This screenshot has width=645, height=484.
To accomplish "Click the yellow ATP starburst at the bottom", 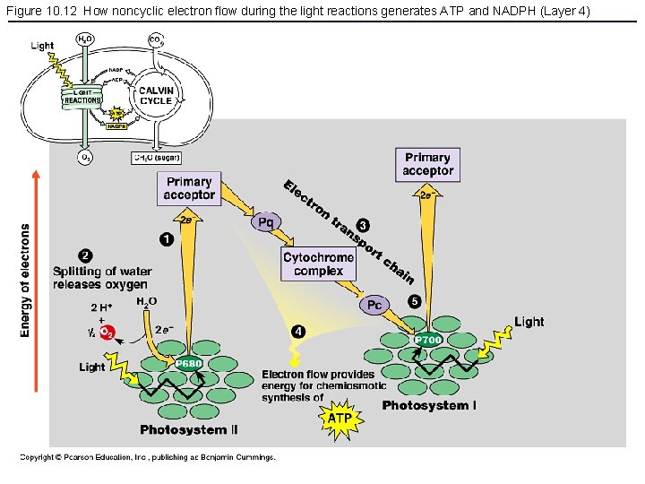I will point(340,418).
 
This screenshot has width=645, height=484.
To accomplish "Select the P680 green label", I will point(188,363).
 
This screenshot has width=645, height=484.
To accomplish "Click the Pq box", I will point(266,221).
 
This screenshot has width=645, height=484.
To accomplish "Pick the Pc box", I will point(374,305).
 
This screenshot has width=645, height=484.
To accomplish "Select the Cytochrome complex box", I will point(319,264).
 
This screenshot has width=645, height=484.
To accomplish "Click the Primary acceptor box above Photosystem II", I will point(189,188).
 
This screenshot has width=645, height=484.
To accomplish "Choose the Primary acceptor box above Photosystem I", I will point(427,164).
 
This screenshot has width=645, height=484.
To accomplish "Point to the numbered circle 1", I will point(167,238).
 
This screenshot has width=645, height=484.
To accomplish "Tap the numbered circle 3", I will point(362,223).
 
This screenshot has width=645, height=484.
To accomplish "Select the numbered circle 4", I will point(298,333).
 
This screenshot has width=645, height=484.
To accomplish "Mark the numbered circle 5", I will point(414,301).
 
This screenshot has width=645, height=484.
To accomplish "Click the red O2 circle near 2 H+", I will point(107,333).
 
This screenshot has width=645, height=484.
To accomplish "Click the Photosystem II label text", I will point(189,430).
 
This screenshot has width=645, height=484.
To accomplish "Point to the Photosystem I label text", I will point(429,406).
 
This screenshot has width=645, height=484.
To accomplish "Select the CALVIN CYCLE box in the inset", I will point(156,95).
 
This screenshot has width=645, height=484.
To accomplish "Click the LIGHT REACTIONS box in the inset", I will point(82,97).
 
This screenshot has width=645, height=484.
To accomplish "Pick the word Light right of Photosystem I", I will point(529,322).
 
